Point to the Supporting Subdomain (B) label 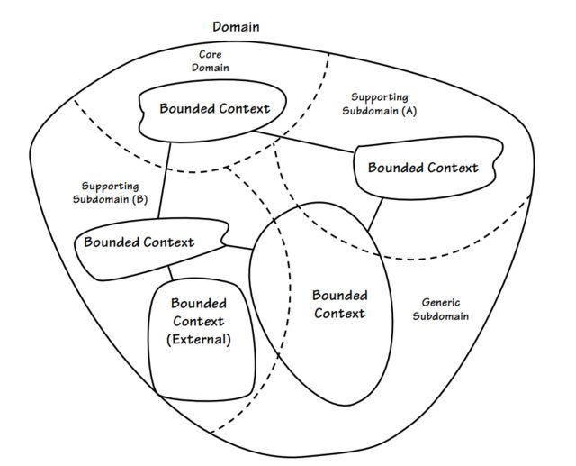(x=109, y=193)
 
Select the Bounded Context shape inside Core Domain (x=214, y=109)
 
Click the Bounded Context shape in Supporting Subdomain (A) (x=422, y=168)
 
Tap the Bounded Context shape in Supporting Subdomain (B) (x=139, y=242)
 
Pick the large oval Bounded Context (x=337, y=305)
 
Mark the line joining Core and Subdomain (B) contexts (x=164, y=185)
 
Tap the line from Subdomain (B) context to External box (x=170, y=271)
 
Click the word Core (x=211, y=54)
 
